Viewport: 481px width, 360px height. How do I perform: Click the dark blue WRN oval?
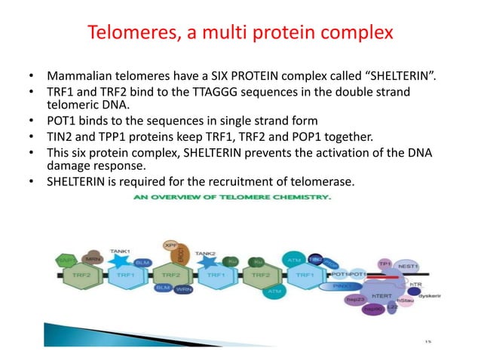[x=182, y=289]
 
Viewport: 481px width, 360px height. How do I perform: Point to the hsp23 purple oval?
[x=354, y=301]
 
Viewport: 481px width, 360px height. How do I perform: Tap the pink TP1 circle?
[x=385, y=264]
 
